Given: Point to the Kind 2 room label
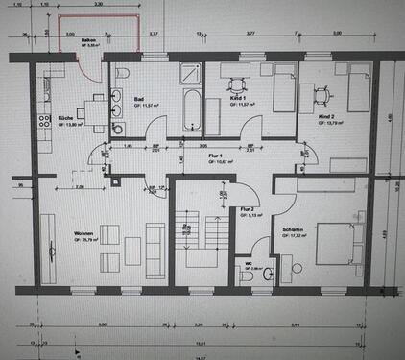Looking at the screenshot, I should point(327,116).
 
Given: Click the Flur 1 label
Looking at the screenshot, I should point(216,156).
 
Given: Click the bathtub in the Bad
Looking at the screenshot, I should point(188,113).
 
